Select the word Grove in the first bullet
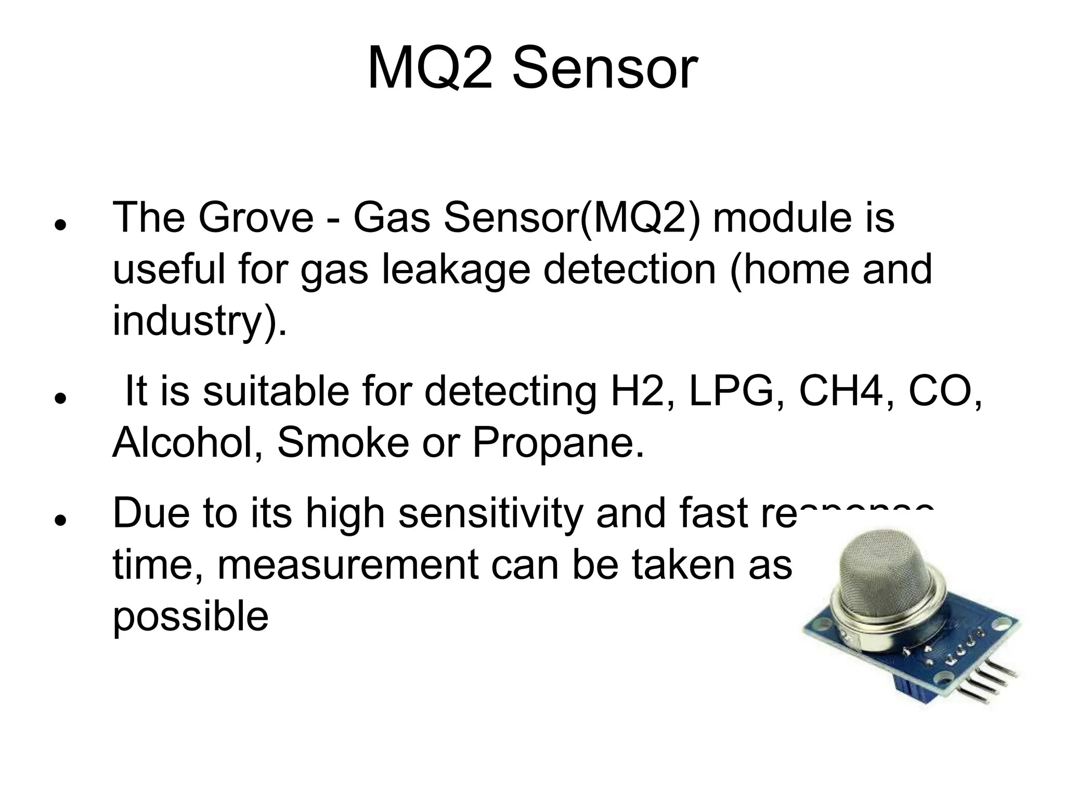[x=256, y=217]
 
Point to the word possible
[x=190, y=617]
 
